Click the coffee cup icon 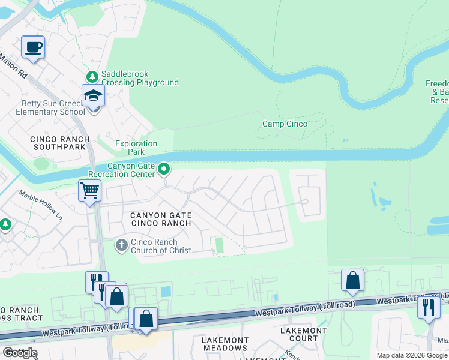33,47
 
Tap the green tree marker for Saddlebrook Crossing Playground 92,76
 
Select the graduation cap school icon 93,96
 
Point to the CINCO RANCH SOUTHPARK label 60,143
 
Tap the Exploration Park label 136,148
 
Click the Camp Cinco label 285,124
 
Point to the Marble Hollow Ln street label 41,203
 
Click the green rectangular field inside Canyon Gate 219,245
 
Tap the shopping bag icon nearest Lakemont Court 352,280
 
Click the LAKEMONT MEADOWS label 224,344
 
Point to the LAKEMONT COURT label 304,334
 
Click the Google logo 19,353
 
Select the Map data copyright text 412,355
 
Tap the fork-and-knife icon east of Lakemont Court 429,307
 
